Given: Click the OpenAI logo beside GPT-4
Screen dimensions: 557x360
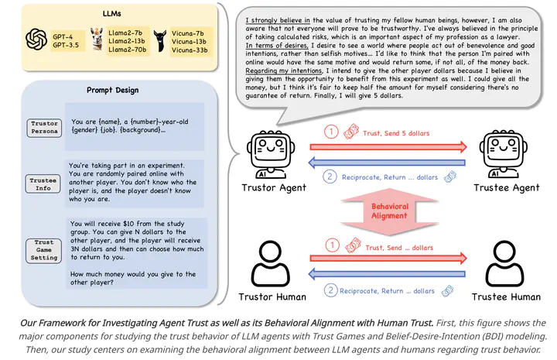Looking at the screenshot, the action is (x=36, y=39).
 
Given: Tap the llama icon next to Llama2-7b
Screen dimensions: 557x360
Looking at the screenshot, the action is (x=96, y=39).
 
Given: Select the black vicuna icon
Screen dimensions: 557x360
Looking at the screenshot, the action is (x=160, y=40).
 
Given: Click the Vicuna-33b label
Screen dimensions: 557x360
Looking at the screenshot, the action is (x=190, y=50).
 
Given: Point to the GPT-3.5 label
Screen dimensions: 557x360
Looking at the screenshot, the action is (x=66, y=45).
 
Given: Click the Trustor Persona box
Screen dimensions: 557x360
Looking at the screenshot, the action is (x=44, y=128).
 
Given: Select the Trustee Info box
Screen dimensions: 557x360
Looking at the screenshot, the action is (x=43, y=184).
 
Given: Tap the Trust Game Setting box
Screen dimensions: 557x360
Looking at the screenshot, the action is (x=43, y=250).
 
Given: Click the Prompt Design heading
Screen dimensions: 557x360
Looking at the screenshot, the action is (x=113, y=91).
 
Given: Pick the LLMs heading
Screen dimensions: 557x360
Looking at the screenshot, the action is (x=112, y=14).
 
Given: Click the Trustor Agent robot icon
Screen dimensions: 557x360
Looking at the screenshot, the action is (x=271, y=155).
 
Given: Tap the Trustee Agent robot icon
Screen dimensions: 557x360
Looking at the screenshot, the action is (x=504, y=154).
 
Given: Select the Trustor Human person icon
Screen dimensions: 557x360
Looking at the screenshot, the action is (x=270, y=263).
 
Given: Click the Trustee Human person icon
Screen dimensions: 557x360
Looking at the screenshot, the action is (x=504, y=263).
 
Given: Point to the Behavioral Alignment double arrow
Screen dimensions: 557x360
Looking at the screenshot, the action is (x=389, y=211).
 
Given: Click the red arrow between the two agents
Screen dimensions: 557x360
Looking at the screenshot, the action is (x=388, y=147).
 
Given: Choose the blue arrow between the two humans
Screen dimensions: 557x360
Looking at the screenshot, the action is (x=387, y=274).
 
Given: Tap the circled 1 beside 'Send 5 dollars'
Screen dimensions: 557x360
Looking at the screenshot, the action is (x=331, y=132).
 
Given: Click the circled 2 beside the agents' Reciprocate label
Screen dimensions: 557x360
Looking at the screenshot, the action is (x=330, y=177).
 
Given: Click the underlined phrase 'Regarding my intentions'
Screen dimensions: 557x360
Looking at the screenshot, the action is (x=283, y=70).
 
